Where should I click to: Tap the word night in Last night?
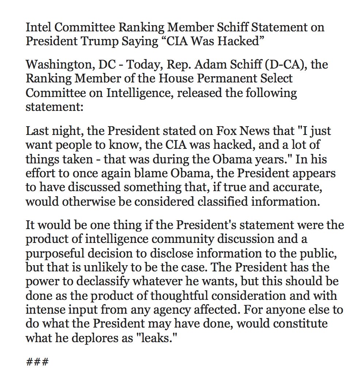[x=63, y=131]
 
